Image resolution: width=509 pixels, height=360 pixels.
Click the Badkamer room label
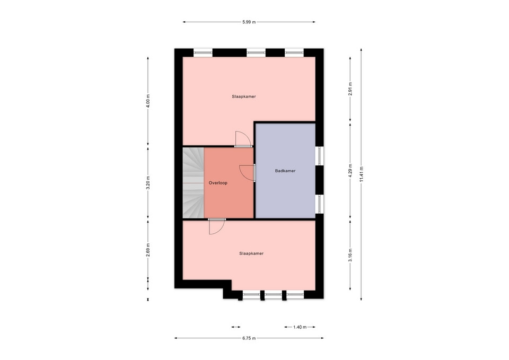(285, 171)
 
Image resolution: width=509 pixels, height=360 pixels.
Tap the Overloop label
(218, 183)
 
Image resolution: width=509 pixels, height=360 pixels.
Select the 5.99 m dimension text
(249, 22)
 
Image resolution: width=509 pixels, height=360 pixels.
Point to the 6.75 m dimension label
(249, 338)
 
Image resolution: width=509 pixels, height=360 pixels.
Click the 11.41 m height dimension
(361, 174)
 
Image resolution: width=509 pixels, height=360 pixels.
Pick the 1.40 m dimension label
(300, 327)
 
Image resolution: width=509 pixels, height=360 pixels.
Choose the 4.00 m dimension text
(148, 101)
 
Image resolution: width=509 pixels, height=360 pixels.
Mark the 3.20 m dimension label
(148, 183)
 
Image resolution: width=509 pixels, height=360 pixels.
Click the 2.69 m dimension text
(148, 250)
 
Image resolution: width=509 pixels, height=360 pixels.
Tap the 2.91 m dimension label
(350, 89)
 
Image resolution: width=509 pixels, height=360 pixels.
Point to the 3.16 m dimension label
(350, 255)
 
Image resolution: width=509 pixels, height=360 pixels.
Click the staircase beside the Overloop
(193, 183)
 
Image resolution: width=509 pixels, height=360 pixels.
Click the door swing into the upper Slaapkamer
(243, 139)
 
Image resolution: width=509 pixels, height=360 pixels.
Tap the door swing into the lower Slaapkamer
(217, 226)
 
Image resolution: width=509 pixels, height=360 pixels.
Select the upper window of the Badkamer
(319, 156)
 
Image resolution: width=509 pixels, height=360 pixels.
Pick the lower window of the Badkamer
(319, 204)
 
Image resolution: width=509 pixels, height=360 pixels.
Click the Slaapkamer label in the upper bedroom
(244, 96)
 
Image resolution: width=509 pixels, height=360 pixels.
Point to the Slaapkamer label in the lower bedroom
(251, 253)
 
